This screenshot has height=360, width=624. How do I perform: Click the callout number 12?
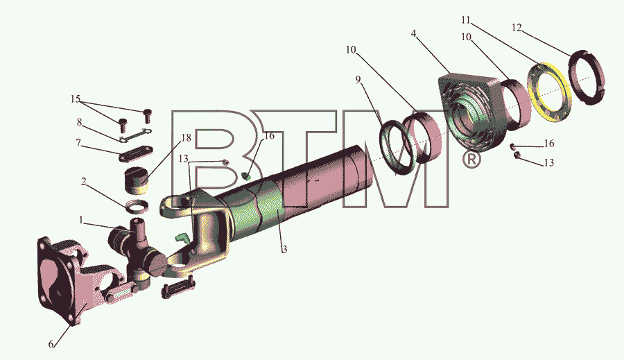(x=517, y=28)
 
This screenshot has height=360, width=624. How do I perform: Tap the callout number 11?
(x=466, y=19)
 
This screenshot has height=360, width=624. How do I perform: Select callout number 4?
(x=414, y=33)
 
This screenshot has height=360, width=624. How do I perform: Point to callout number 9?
(x=358, y=80)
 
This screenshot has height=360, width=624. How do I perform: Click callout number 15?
(x=76, y=98)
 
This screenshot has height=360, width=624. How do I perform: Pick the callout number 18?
(x=187, y=138)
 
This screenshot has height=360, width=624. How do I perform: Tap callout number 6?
(x=51, y=343)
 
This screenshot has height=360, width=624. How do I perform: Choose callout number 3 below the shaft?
(x=284, y=250)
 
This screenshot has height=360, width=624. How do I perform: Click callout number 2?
(x=84, y=182)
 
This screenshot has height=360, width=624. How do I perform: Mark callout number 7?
(x=79, y=142)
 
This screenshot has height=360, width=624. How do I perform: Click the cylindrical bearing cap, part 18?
(x=137, y=180)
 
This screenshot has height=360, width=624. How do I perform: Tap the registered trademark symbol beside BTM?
(x=471, y=160)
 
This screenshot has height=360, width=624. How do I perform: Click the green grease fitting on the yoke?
(x=181, y=238)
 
